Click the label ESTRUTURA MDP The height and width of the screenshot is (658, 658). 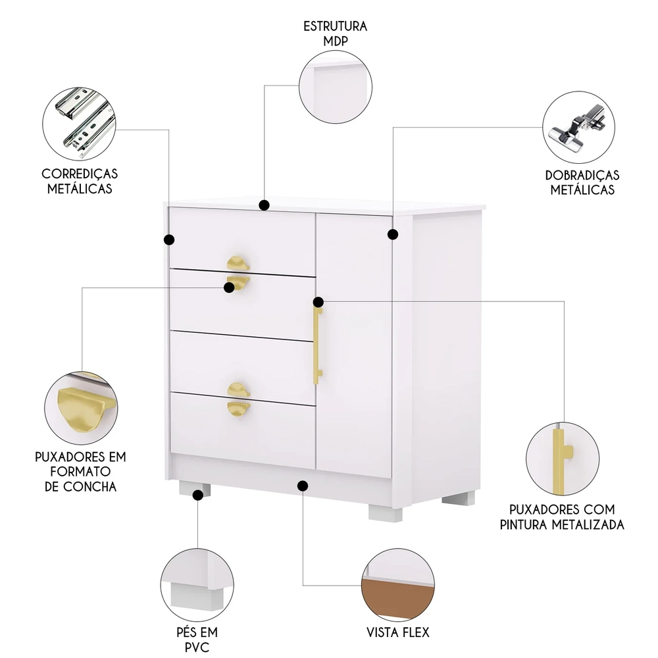[335, 34]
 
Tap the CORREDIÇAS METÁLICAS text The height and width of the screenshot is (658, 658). [80, 181]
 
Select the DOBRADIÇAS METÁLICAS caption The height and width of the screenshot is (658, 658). [582, 182]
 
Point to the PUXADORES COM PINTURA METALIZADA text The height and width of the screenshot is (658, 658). [567, 517]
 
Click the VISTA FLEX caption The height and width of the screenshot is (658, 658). [397, 633]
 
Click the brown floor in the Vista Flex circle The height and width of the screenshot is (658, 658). [397, 601]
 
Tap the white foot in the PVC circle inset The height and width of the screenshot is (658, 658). [194, 595]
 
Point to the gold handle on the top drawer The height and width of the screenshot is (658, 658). [238, 264]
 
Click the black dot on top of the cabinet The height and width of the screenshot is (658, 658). [265, 205]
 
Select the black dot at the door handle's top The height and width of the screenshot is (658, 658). [318, 302]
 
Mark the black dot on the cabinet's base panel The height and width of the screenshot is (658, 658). [303, 486]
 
